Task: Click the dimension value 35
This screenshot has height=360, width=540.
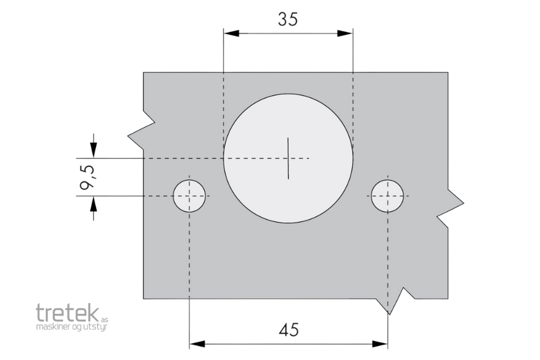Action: (x=288, y=19)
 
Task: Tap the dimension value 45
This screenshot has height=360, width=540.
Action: (x=289, y=329)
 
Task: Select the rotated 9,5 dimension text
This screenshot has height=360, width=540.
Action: (x=86, y=177)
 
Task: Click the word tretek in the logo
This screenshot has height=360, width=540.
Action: (x=67, y=313)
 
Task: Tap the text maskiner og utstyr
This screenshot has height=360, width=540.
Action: (x=72, y=327)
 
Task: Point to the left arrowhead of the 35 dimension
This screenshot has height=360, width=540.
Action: (x=232, y=34)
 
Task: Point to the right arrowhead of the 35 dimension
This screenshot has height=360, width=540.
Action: (x=345, y=34)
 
